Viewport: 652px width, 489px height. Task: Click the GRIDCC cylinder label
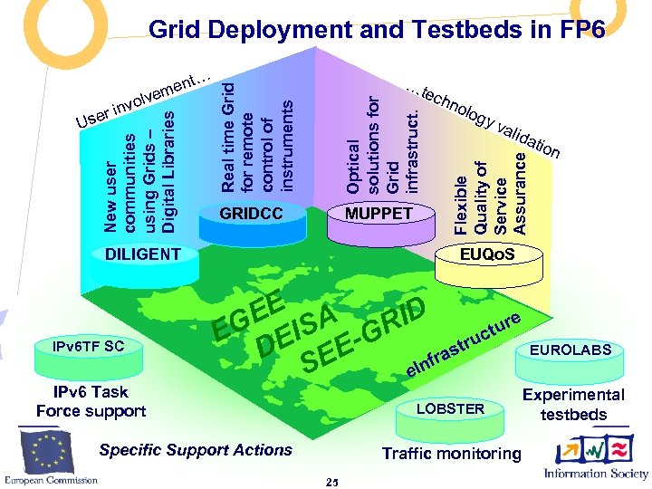[252, 215]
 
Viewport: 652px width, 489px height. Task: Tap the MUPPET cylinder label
[379, 215]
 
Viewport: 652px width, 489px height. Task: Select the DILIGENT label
[142, 254]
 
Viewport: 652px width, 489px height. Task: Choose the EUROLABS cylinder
[570, 350]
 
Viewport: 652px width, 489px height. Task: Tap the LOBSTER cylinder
[450, 409]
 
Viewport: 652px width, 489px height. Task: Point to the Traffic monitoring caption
[452, 453]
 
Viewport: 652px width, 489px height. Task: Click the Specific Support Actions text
[196, 450]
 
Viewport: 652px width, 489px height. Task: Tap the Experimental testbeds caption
[573, 405]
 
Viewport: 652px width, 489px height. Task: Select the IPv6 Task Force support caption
[91, 401]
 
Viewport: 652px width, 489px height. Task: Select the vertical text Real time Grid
[229, 136]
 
